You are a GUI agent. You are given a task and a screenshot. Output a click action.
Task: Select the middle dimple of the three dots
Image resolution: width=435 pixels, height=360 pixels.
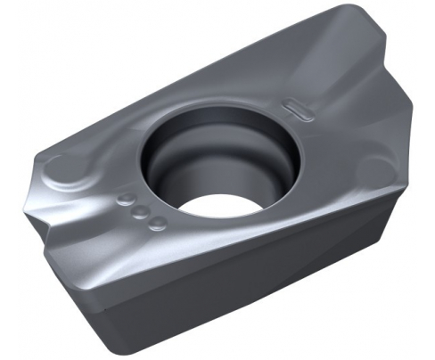pyautogui.click(x=141, y=210)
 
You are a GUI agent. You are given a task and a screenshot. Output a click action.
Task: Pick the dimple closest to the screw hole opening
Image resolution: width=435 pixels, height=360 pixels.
pyautogui.click(x=156, y=222)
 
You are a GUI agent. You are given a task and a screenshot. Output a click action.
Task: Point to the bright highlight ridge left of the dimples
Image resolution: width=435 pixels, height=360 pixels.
pyautogui.click(x=98, y=218)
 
